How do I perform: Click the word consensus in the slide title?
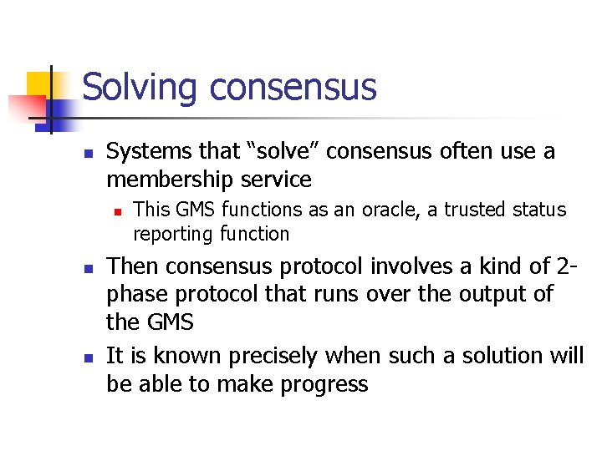293,88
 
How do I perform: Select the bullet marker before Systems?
87,153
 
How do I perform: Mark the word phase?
135,296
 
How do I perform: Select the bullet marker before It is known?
87,357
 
